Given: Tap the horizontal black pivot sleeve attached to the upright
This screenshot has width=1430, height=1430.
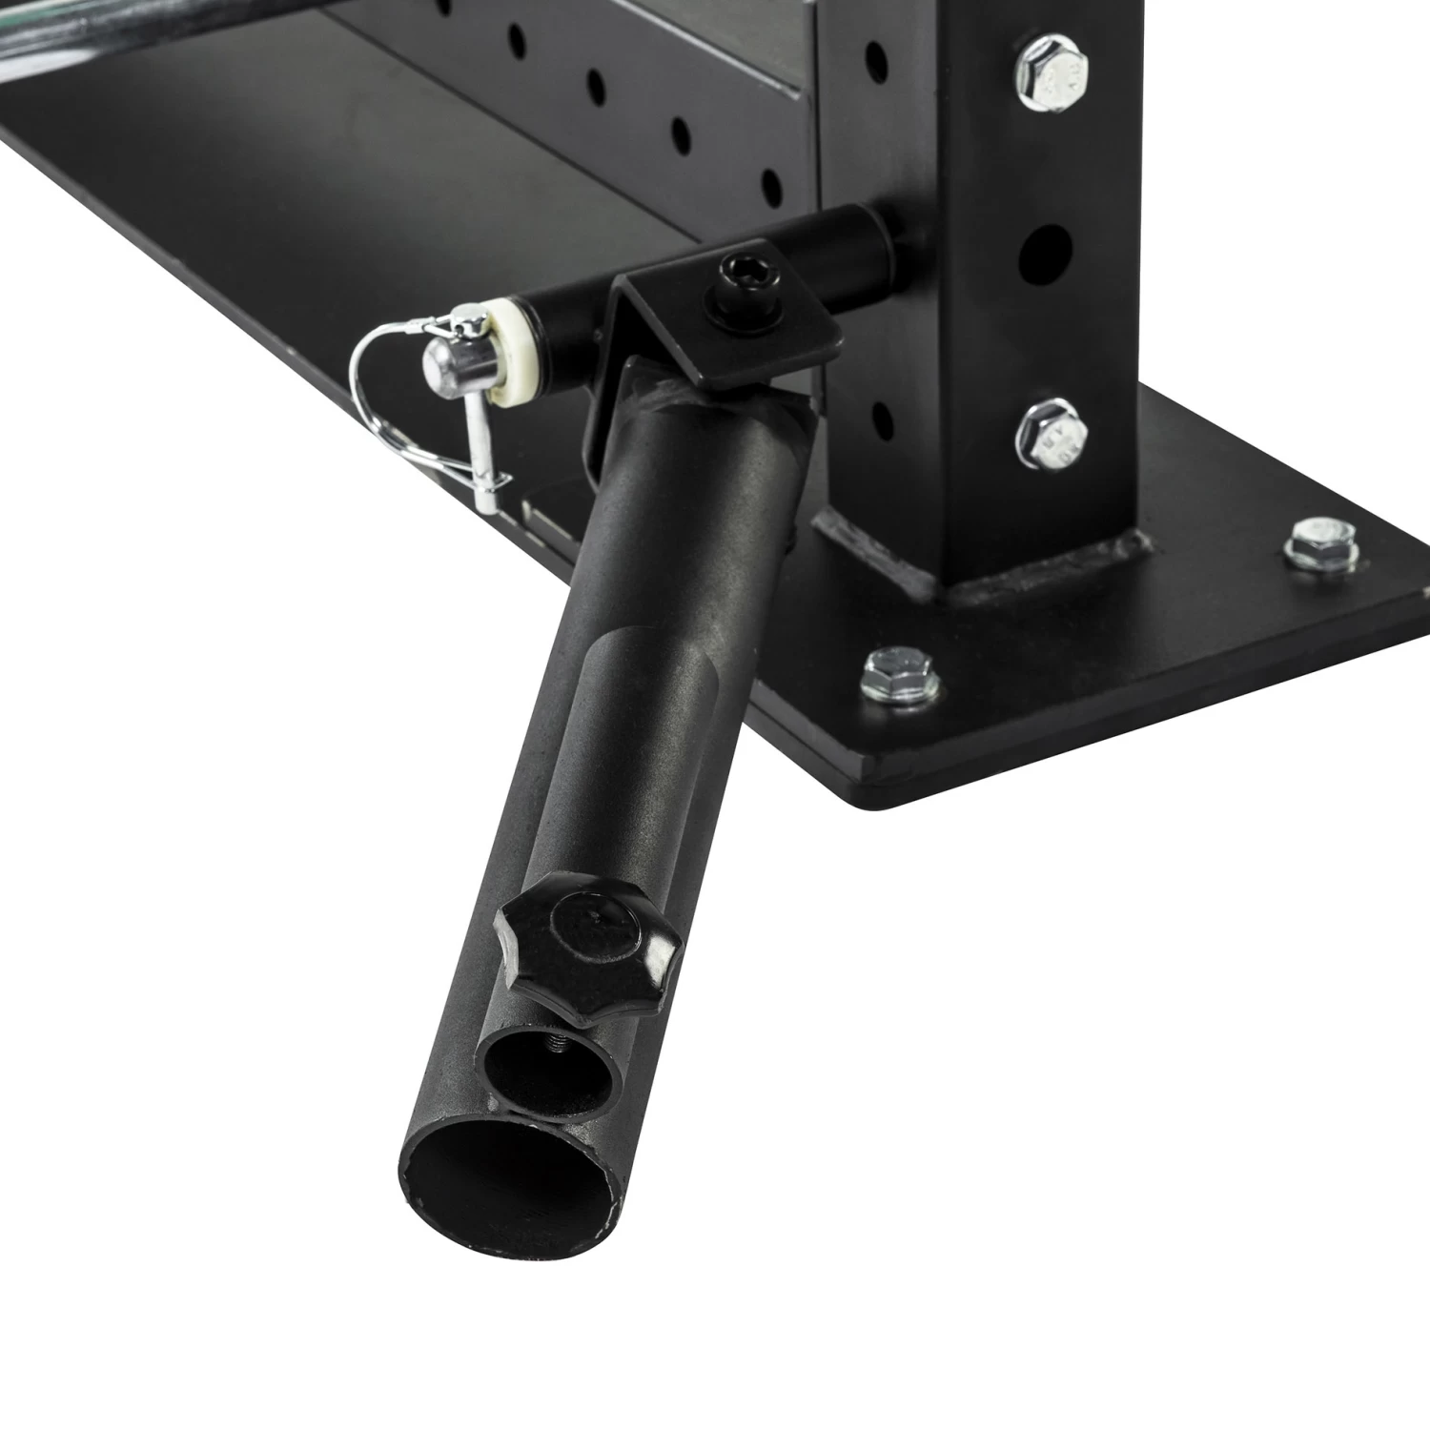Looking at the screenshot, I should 829,256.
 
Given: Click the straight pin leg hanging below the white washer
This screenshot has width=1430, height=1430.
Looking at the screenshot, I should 485,458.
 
